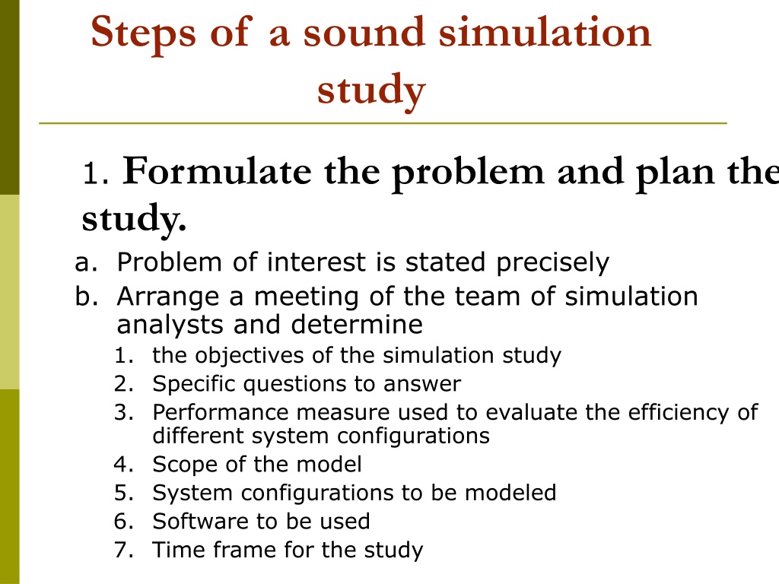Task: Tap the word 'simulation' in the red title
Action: click(x=545, y=32)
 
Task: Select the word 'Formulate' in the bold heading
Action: click(x=217, y=171)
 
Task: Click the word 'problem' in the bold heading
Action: click(x=468, y=173)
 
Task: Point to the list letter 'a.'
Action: click(x=85, y=262)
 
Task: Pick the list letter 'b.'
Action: click(x=85, y=297)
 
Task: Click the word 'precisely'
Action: click(x=552, y=263)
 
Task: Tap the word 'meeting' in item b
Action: click(x=306, y=297)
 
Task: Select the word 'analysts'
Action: click(x=170, y=325)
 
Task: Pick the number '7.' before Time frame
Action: click(x=124, y=551)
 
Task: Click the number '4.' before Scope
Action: click(x=124, y=465)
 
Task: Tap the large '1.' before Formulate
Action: click(x=96, y=174)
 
